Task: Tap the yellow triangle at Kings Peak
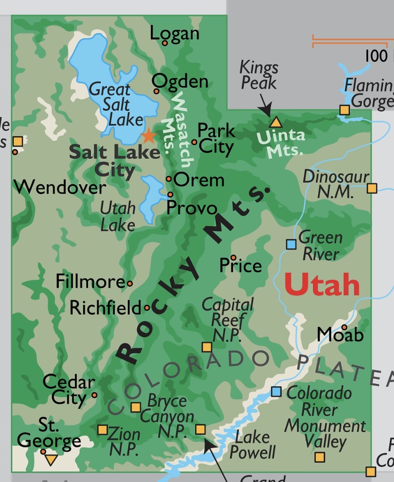point(275,123)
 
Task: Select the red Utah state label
point(322,284)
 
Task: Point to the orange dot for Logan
point(165,43)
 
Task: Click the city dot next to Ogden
point(156,91)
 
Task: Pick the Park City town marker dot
point(194,142)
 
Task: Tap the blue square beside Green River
point(291,244)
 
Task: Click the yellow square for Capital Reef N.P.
point(206,347)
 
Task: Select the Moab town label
point(340,335)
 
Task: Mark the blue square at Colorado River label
point(277,392)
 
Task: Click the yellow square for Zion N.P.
point(102,430)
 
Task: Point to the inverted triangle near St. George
point(51,459)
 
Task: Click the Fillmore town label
point(90,282)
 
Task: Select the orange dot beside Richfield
point(147,308)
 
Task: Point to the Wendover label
point(60,188)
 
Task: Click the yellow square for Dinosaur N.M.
point(372,188)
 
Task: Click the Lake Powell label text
point(252,444)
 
